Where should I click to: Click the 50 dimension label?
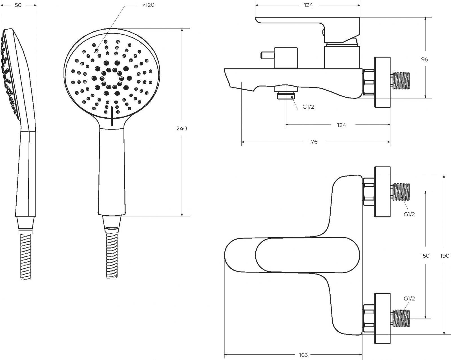(x=18, y=5)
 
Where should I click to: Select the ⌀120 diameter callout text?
(x=148, y=5)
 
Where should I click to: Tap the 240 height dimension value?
(x=182, y=128)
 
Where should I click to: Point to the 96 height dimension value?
(x=425, y=60)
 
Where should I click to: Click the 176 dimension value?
(x=313, y=142)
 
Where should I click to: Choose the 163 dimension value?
(x=303, y=355)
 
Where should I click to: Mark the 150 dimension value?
(x=425, y=256)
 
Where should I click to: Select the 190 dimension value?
(x=445, y=256)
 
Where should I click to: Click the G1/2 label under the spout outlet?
(x=308, y=107)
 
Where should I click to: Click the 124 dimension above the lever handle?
(x=308, y=5)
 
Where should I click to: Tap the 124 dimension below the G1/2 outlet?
(x=341, y=125)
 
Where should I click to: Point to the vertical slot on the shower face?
(x=112, y=116)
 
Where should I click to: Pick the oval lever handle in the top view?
(x=307, y=255)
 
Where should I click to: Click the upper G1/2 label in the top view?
(x=409, y=214)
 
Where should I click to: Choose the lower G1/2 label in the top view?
(x=409, y=298)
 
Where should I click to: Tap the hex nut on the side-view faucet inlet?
(x=368, y=82)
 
